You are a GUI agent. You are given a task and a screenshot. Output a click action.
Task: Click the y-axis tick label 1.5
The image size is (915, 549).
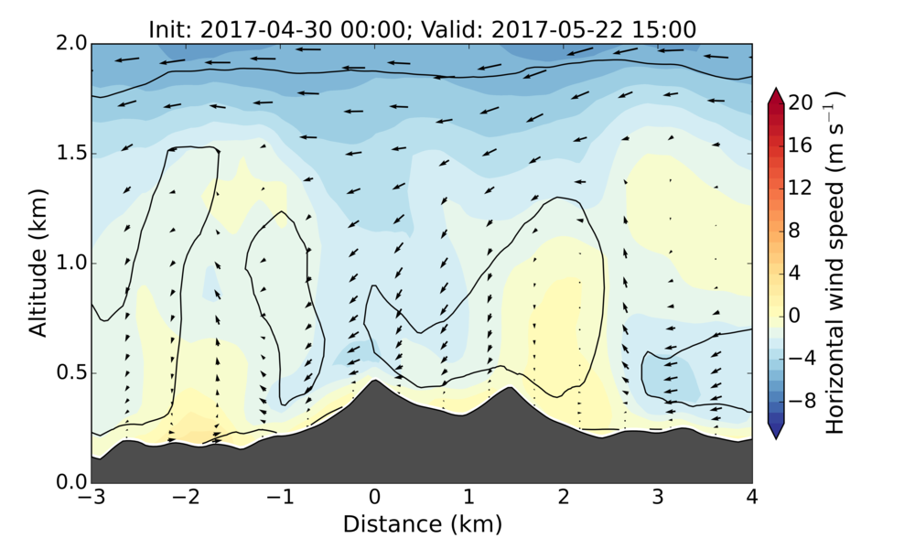[65, 154]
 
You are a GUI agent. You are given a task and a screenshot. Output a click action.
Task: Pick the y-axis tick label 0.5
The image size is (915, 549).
[65, 373]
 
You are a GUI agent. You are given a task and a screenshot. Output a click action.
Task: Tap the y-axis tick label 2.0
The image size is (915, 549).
[65, 44]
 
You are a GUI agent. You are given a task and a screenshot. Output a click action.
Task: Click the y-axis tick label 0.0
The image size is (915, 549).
[65, 482]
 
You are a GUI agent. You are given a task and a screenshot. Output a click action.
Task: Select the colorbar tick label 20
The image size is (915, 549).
[802, 104]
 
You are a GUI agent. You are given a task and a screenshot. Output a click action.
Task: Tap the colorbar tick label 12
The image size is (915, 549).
[802, 188]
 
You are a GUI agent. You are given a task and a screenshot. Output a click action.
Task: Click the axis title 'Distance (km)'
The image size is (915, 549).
[422, 524]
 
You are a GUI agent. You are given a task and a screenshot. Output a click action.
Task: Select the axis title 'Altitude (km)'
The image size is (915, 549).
[38, 264]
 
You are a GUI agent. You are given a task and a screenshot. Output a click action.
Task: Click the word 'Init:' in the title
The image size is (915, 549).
[171, 28]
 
